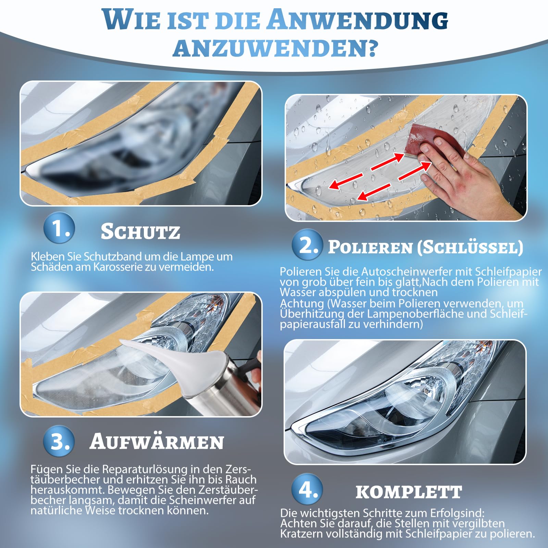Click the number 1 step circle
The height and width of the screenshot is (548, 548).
click(x=59, y=228)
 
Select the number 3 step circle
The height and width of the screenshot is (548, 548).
click(x=59, y=441)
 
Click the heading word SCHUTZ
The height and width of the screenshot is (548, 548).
click(x=140, y=231)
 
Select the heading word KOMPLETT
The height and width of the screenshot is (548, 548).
click(x=409, y=492)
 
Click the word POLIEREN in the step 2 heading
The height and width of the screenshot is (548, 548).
click(x=370, y=247)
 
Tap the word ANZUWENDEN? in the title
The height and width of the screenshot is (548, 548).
click(x=275, y=48)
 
